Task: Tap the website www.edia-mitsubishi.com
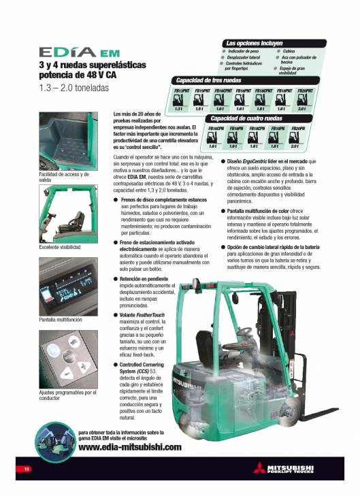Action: pos(130,447)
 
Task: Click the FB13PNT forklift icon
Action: pos(180,101)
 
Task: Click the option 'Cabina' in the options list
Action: pos(289,50)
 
